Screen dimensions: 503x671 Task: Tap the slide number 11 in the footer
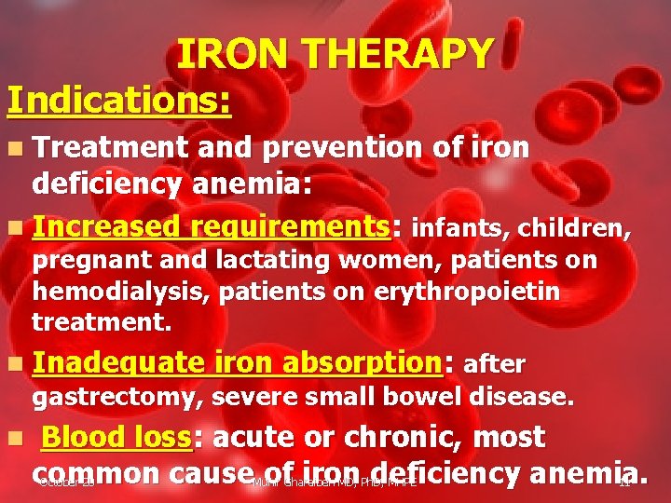point(624,483)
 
